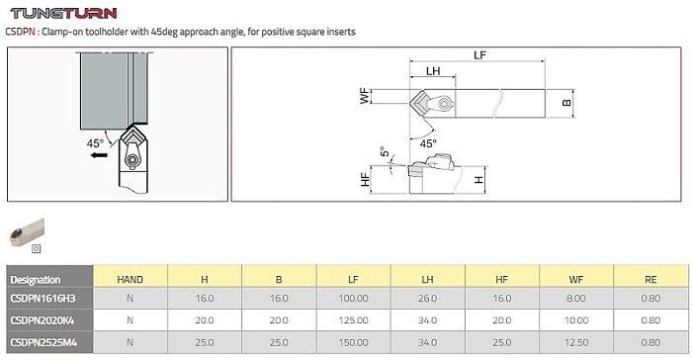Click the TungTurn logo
(x=63, y=13)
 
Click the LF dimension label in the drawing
(x=479, y=55)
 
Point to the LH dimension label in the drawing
(x=433, y=71)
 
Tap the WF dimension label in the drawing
(x=365, y=97)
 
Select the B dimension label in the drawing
(x=566, y=103)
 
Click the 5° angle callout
(x=385, y=151)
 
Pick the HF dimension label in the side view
(x=365, y=179)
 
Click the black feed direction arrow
(x=99, y=155)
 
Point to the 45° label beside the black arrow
(x=95, y=143)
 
